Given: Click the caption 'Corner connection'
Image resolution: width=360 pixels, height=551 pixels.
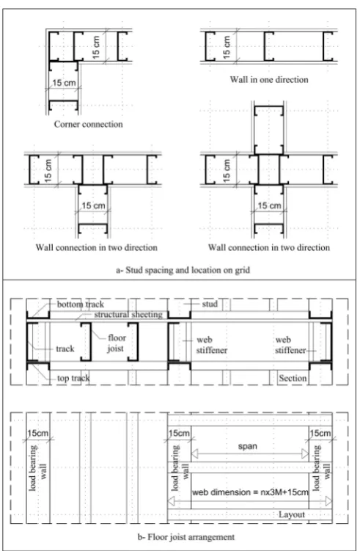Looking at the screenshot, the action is pos(88,124).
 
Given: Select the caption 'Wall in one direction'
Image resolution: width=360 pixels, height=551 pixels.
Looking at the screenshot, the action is pos(269,79).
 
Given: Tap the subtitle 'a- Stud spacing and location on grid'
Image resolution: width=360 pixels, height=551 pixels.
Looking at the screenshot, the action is pos(183,270).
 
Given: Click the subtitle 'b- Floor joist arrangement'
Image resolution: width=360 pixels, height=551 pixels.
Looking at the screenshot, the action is pos(186,537).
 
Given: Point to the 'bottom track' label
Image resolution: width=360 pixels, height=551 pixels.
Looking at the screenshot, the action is pos(81,304).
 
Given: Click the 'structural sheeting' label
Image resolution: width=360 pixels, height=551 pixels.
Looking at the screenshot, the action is pos(128,315).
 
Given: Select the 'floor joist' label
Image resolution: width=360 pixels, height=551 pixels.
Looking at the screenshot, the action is pos(117,343).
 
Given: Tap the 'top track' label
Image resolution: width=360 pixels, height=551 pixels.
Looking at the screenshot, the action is pos(73,378).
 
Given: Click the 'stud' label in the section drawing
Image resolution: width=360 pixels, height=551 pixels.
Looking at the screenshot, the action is pos(210,304).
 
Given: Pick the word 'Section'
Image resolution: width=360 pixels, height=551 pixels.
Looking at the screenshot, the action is pos(293,378).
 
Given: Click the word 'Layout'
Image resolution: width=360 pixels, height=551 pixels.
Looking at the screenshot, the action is pos(292,514).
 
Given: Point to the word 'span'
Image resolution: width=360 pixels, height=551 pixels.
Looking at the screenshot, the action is pos(248,446).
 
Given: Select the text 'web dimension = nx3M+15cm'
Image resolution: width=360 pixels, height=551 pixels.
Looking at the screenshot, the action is pos(250,492).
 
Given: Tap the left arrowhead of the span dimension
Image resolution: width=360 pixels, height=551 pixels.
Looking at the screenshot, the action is pos(194,453).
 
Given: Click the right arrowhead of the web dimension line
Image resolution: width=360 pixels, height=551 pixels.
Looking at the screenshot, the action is pos(328,501).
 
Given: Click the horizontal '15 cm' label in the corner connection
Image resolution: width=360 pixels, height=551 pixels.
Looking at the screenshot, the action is pos(64,83).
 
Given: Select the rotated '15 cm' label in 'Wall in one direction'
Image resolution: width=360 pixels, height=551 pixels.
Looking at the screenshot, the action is pos(227,47).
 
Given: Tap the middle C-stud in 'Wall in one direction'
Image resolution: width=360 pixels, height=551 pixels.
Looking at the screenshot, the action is pos(268,46).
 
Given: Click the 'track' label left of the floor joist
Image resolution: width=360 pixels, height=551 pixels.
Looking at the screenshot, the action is pos(65,349).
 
